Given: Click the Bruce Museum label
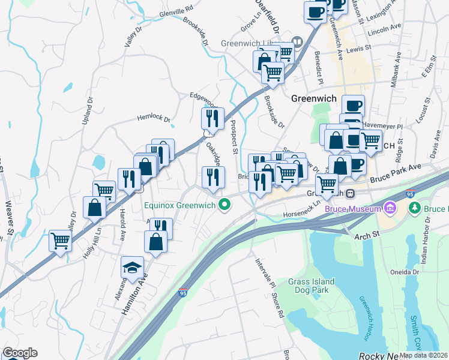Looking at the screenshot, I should coord(353,209).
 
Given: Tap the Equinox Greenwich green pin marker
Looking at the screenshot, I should coord(226,205).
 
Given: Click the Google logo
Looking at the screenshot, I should coord(20,353).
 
